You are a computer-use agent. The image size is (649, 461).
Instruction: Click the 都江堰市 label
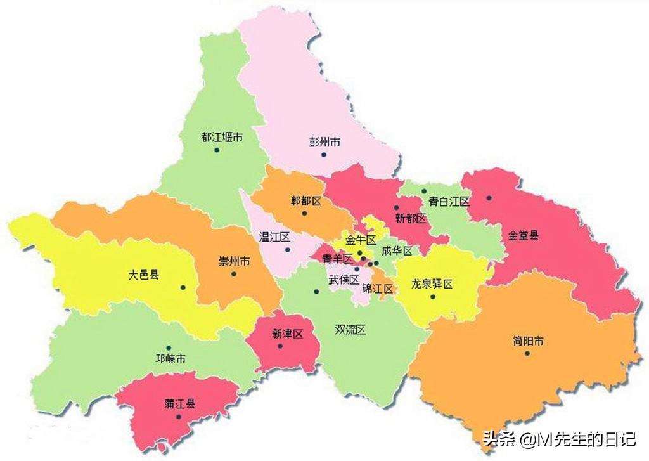221,137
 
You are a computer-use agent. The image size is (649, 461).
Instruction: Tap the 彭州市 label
324,141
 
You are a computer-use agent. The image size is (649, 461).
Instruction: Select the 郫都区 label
306,201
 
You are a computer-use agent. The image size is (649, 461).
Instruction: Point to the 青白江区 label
449,201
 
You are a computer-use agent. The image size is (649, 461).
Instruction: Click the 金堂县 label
523,235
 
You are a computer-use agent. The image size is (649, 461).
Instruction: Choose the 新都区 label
411,218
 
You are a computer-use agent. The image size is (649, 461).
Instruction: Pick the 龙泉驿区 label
432,283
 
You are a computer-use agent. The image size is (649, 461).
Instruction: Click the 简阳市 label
528,341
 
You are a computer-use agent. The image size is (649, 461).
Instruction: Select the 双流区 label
350,330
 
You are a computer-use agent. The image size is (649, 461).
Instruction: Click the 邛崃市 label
170,359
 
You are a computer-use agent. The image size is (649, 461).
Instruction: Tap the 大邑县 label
143,275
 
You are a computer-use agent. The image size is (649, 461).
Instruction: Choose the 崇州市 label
234,261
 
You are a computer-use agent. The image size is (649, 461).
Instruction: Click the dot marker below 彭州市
323,155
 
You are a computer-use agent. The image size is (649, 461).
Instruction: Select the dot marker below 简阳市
527,353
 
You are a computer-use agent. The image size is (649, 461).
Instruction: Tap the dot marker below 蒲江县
179,417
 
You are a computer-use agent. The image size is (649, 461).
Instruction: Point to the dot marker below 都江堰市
216,150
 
